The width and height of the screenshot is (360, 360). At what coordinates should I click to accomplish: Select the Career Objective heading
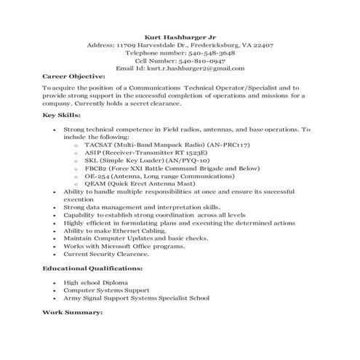[x=74, y=76]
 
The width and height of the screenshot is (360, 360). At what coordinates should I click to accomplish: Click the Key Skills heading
[x=63, y=116]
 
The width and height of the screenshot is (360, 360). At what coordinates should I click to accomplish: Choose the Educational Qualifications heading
[x=92, y=268]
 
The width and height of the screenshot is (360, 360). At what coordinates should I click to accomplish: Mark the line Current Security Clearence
[x=106, y=254]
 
